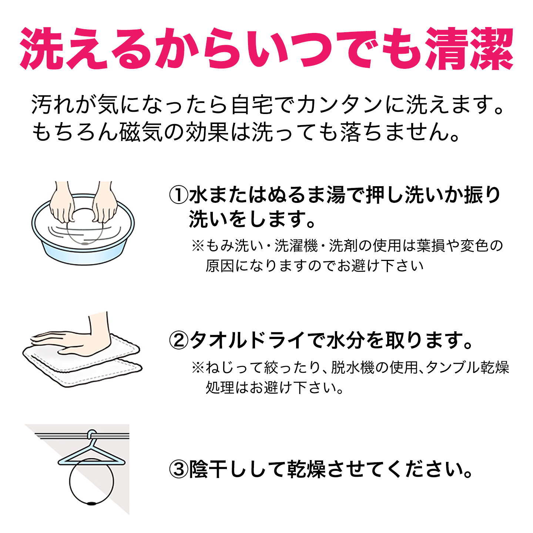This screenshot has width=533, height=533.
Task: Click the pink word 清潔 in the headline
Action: tap(469, 49)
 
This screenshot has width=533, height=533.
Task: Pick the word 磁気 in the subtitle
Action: tap(141, 132)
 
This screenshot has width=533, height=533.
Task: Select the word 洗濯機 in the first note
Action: tap(296, 246)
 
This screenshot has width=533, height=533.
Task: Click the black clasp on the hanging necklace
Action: tap(91, 503)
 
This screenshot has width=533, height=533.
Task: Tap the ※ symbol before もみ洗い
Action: tap(198, 246)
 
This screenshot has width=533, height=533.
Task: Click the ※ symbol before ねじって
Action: tap(198, 368)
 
